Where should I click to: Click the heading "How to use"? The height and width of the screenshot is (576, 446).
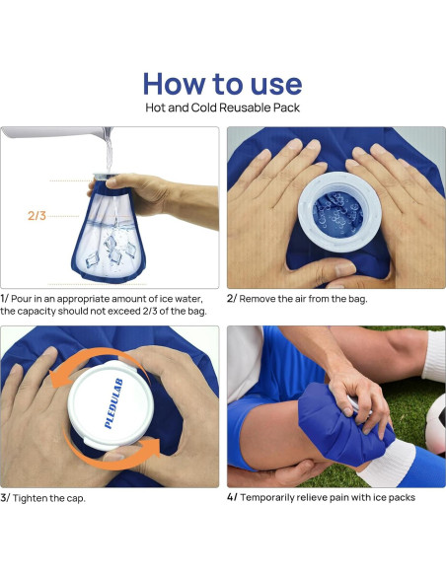tap(222, 84)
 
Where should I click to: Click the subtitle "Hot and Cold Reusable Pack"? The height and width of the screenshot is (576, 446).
tap(223, 108)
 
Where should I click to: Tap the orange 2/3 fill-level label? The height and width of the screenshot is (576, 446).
tap(37, 216)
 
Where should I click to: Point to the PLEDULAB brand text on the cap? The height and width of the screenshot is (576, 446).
tap(113, 403)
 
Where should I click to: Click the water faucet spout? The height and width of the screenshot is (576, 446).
tap(55, 132)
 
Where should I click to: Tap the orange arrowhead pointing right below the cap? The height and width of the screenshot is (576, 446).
tap(151, 447)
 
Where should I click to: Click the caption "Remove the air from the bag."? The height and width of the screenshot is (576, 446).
tap(303, 299)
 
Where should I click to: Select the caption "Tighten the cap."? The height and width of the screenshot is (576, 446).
tap(49, 498)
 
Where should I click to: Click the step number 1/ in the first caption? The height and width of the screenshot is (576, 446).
tap(4, 298)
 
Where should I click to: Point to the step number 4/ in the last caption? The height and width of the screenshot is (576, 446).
tap(232, 497)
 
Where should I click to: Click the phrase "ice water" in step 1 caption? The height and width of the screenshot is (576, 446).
tap(181, 299)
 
